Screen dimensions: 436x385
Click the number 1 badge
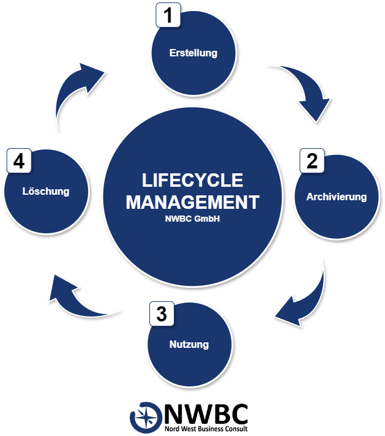168,15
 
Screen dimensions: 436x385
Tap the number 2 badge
312,161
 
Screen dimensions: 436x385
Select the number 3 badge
162,315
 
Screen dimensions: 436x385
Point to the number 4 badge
19,162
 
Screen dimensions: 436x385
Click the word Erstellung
193,53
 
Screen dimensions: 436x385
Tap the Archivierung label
336,197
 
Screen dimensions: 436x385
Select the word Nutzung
189,344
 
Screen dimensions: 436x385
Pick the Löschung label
46,191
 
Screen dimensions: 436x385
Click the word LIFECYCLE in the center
192,180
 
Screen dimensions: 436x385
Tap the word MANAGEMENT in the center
192,202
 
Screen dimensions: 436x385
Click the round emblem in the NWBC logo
146,416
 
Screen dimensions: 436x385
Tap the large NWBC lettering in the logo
206,414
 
